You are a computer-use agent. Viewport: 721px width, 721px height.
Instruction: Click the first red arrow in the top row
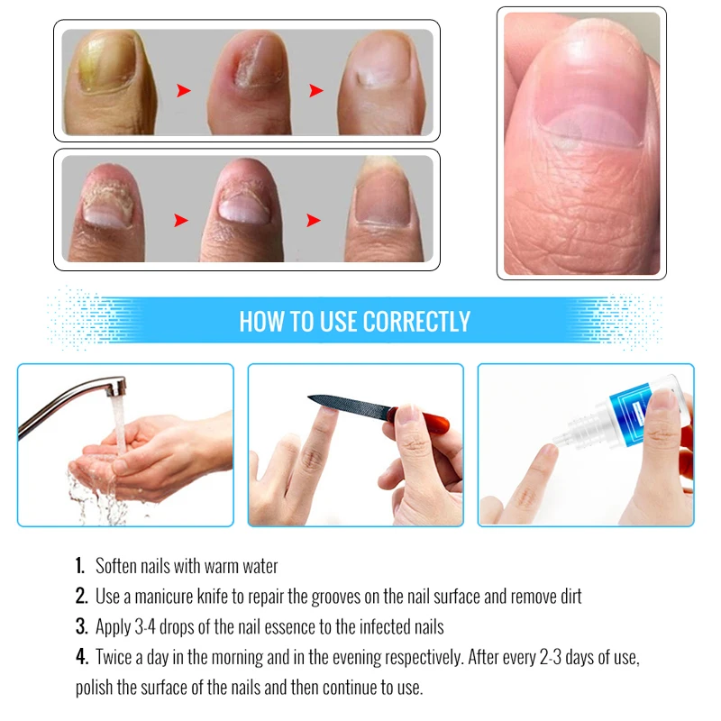pos(184,91)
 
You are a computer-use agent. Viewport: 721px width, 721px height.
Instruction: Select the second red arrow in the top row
pos(316,91)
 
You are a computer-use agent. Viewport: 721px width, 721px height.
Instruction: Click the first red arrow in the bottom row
pos(181,220)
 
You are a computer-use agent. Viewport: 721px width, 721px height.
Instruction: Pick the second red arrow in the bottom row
pos(314,220)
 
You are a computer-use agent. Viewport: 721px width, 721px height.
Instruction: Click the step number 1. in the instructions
pos(80,566)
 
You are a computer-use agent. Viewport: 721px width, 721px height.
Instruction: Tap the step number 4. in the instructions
pos(82,657)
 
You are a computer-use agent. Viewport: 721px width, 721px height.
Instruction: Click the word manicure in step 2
pos(164,597)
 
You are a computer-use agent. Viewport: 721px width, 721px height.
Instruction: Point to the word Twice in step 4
pos(116,657)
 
